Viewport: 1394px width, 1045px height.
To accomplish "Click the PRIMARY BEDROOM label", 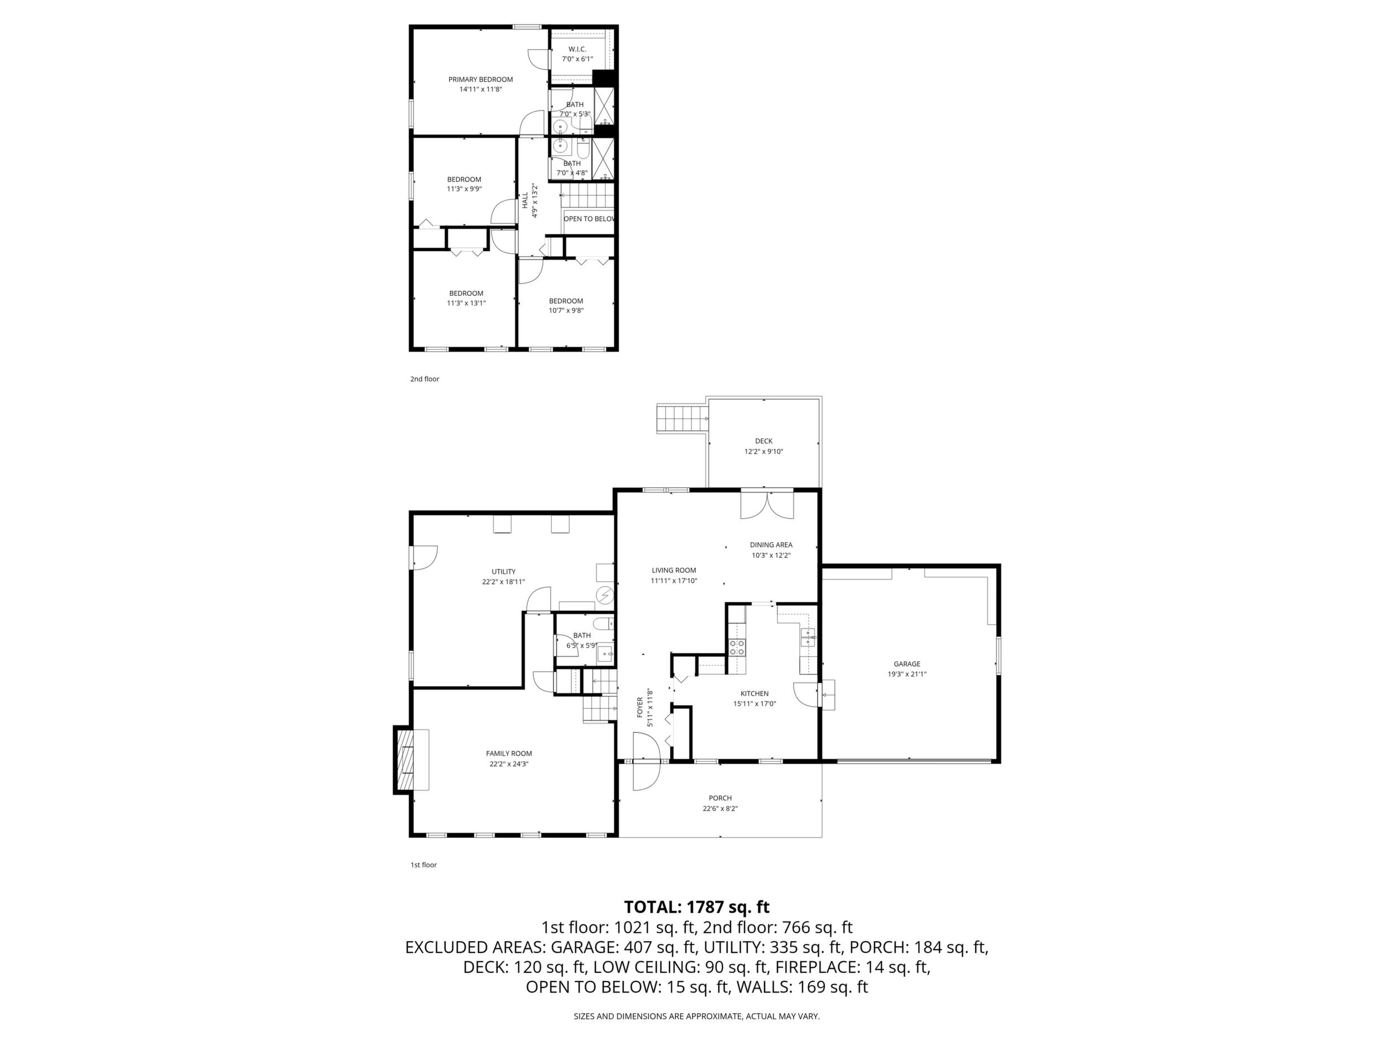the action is (x=480, y=79).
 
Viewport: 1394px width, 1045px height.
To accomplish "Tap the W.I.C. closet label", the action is (x=577, y=49).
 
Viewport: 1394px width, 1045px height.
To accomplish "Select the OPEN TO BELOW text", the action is (x=589, y=219).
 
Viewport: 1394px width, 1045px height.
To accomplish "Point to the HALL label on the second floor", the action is (x=525, y=200).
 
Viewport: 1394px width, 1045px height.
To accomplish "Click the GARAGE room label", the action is (x=907, y=663).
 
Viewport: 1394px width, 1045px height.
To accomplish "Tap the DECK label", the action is (x=764, y=441).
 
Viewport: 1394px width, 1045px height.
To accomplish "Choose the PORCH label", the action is (x=720, y=798).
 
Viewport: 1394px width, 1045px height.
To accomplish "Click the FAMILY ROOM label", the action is (x=509, y=754).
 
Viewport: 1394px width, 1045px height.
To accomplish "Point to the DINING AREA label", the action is (x=771, y=545).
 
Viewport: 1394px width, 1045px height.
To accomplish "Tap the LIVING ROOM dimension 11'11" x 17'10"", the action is (x=674, y=581).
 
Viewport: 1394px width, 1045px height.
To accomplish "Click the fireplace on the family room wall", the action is (x=412, y=760).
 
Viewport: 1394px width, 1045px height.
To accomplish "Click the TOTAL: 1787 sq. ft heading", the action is (x=696, y=907).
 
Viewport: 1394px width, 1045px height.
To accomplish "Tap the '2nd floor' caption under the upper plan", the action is (x=425, y=379).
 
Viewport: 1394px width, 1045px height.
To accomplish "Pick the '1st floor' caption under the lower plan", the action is (x=423, y=865).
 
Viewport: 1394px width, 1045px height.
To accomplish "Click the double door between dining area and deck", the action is (x=767, y=505).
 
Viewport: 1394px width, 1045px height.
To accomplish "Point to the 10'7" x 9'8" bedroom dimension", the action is (x=566, y=310).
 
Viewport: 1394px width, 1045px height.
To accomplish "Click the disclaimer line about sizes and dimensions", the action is (x=696, y=1016).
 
